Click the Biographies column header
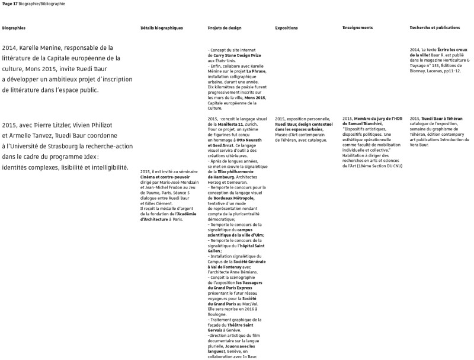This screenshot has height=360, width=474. pos(14,28)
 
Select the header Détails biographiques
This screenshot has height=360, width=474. pos(162,28)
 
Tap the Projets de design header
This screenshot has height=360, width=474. pos(225,28)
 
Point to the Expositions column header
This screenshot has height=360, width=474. pos(287,28)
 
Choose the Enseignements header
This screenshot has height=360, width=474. pos(358,28)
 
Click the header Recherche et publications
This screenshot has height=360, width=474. pos(435,28)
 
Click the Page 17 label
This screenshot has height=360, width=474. pos(10,4)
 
